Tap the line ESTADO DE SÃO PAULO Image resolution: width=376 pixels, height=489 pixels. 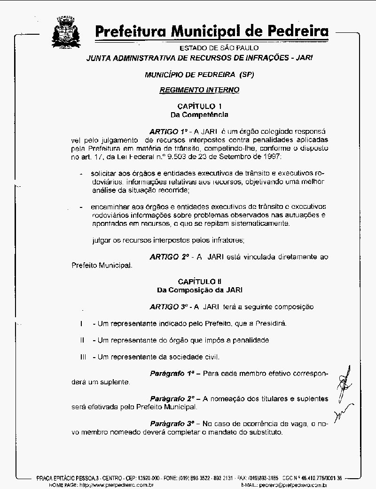(219, 48)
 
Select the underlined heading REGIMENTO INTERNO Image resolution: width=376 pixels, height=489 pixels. (199, 90)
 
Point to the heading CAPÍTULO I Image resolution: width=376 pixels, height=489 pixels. (200, 106)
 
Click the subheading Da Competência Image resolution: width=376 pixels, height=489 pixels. (199, 114)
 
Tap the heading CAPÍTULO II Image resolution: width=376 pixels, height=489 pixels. (200, 282)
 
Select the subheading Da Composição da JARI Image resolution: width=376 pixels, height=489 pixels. (199, 290)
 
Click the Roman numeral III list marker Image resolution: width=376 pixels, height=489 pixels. (83, 357)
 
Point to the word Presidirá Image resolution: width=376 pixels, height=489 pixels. (269, 323)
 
